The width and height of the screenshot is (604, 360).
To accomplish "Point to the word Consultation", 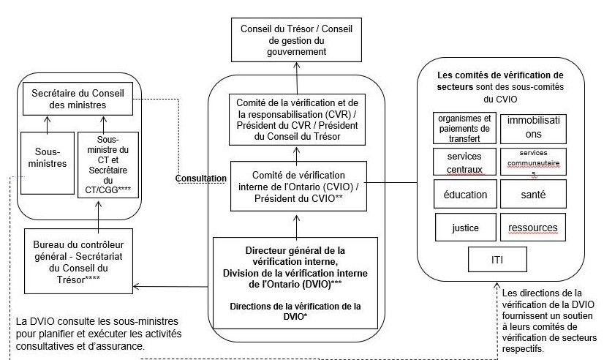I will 200,178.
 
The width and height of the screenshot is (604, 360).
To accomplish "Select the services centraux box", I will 463,163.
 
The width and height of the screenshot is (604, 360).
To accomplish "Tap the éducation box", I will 463,195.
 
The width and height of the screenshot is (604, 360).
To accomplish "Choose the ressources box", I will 531,227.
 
